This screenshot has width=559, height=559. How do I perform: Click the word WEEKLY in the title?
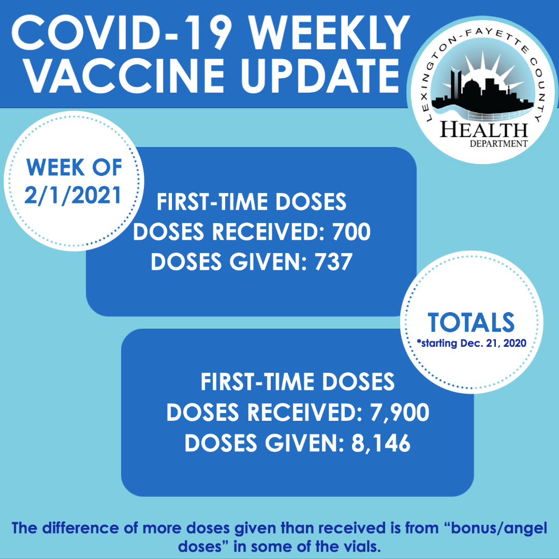[330, 33]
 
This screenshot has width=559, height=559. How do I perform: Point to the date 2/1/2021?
[73, 195]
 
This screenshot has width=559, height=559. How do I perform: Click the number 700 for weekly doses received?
[351, 232]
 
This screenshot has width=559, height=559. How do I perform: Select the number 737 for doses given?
[333, 262]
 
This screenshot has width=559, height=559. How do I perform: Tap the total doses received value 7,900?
[400, 413]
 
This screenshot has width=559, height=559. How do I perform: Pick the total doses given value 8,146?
[381, 444]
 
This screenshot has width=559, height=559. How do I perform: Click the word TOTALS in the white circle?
[471, 322]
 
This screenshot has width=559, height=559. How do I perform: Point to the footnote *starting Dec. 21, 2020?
[472, 343]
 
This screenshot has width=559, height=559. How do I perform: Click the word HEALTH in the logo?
[484, 130]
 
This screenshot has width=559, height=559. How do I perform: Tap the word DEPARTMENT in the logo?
[498, 144]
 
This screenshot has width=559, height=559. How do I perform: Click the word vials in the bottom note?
[361, 547]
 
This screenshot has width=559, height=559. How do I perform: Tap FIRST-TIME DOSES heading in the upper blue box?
[252, 202]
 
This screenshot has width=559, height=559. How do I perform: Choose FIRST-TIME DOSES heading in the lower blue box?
[298, 382]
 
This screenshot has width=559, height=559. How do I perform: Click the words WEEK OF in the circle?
[74, 167]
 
